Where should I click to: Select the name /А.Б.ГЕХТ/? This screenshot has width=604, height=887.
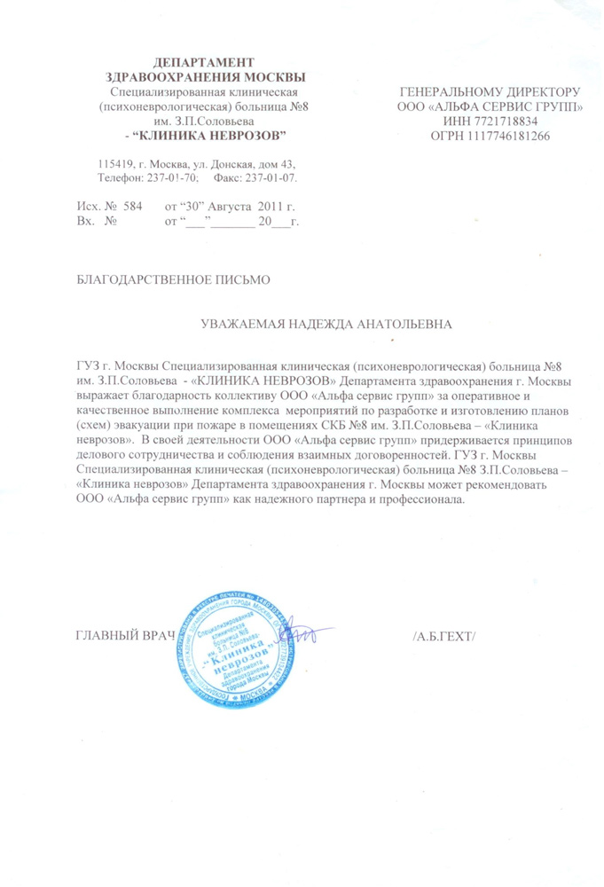point(444,638)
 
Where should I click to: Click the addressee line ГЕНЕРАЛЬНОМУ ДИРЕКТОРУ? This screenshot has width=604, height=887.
point(490,92)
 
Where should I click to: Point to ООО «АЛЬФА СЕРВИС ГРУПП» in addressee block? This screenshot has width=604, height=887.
point(490,107)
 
